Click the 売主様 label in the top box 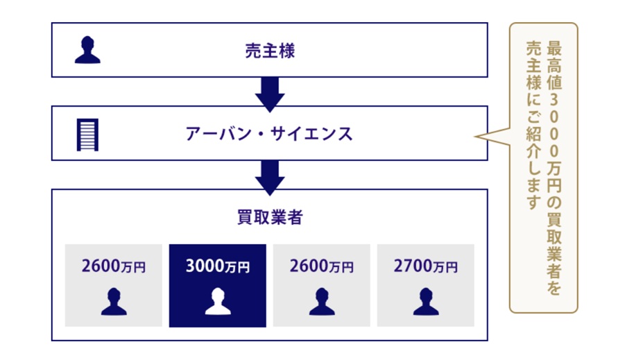270,51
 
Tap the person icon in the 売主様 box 87,50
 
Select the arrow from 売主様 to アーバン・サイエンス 270,94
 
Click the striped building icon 87,135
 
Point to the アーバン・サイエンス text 269,134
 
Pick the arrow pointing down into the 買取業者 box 270,178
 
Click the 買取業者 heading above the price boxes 270,217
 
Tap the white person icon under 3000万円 218,301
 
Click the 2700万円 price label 426,266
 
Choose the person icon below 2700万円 426,301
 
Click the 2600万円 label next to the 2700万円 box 322,266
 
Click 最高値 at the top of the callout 553,65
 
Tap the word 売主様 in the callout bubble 533,65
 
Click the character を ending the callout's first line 553,287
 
